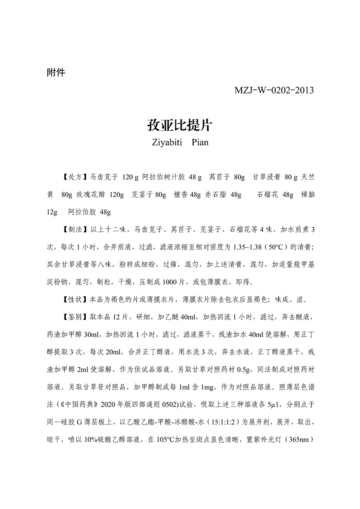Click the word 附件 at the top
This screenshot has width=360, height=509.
point(56,72)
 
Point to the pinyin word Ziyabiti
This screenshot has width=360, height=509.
point(165,142)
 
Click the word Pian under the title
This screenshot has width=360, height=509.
point(200,142)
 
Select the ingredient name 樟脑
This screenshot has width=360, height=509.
point(307,194)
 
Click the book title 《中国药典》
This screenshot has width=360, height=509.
point(75,405)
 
